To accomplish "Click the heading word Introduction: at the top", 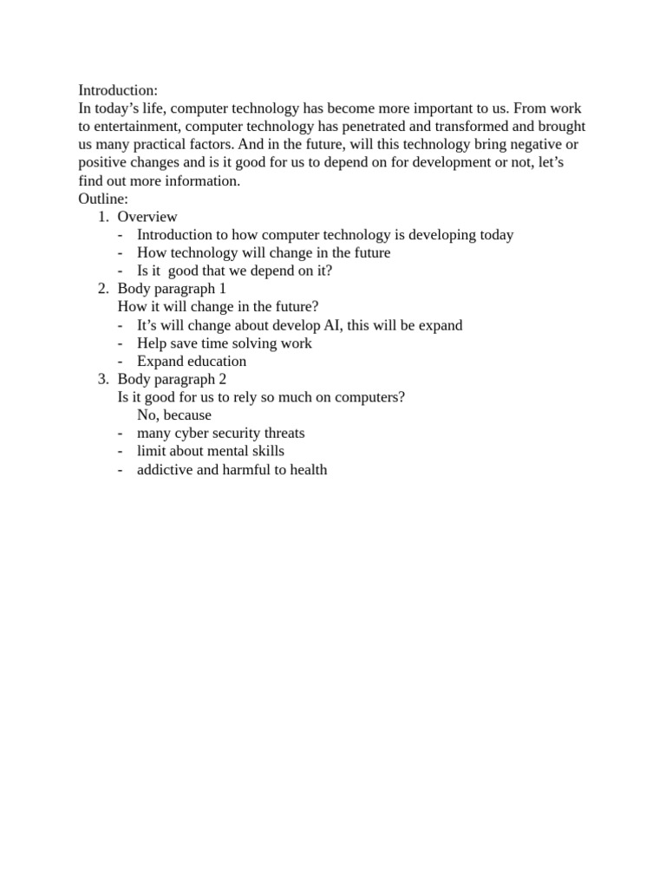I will point(118,90).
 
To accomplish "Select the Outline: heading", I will point(103,199).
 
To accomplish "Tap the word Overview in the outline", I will point(147,217).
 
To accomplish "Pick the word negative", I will point(519,145).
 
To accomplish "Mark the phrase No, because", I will point(174,415).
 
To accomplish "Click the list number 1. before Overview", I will point(102,217).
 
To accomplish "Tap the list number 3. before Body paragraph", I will point(102,379).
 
